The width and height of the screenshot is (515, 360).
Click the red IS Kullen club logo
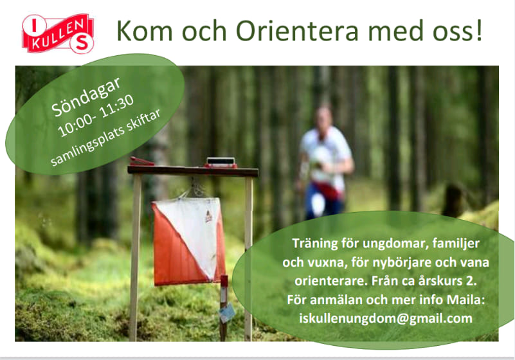click(x=58, y=33)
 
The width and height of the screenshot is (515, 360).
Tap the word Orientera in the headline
click(x=297, y=32)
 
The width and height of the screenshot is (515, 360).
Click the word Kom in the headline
click(x=145, y=32)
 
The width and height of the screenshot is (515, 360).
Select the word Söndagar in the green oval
click(x=86, y=96)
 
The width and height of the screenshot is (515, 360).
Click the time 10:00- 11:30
click(x=96, y=116)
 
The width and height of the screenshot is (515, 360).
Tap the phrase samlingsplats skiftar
click(x=105, y=138)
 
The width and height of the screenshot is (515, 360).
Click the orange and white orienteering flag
click(x=188, y=242)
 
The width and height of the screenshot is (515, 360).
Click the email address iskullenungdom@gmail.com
click(x=386, y=318)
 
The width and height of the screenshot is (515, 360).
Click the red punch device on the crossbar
click(x=141, y=161)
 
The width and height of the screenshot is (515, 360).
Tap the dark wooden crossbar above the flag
click(x=193, y=171)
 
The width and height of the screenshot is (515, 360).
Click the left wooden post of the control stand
click(x=134, y=257)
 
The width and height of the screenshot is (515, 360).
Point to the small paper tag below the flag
click(x=227, y=312)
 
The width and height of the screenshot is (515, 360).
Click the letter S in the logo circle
click(x=82, y=42)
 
